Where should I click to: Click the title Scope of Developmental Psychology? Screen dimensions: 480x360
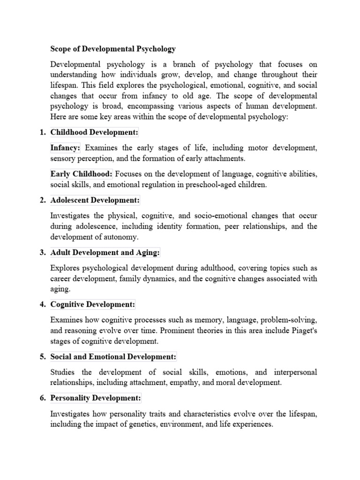click(113, 49)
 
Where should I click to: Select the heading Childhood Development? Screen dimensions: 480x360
click(94, 133)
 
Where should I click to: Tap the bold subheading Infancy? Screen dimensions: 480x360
click(66, 148)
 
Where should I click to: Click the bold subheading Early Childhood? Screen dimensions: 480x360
click(81, 174)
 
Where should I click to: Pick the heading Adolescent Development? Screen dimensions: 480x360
click(95, 201)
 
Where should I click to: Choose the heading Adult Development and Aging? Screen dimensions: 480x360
click(105, 253)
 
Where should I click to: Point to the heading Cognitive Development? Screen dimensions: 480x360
click(93, 305)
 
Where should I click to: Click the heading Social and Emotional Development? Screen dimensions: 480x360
click(113, 357)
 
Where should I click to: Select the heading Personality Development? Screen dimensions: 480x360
click(96, 398)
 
